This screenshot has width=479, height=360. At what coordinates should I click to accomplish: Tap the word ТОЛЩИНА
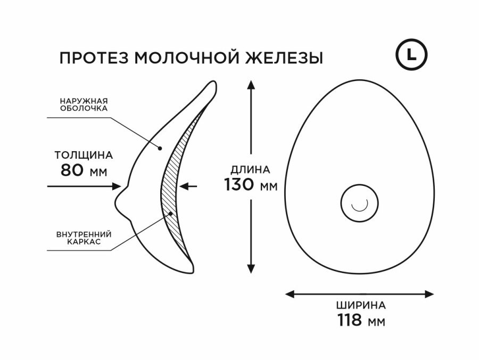84,156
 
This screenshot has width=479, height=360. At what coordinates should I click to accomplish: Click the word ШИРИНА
361,306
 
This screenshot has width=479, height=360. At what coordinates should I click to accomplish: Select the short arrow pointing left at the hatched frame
188,186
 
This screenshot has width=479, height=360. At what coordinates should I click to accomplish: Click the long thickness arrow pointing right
85,186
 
